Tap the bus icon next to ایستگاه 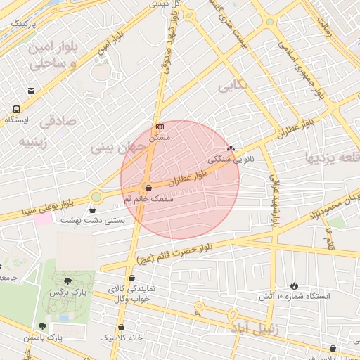click(x=16, y=109)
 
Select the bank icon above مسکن click(x=160, y=127)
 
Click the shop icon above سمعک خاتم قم click(x=147, y=188)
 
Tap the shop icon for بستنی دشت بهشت click(x=94, y=210)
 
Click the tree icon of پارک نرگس click(x=67, y=281)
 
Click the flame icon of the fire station click(x=293, y=285)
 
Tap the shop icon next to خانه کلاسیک click(x=122, y=327)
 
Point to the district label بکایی click(x=233, y=86)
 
